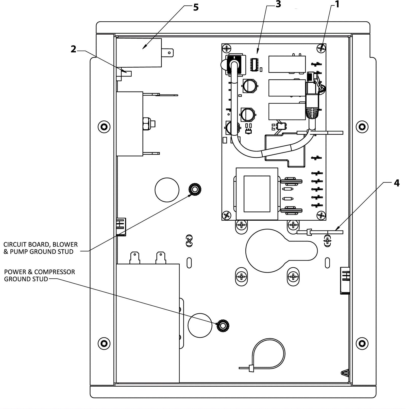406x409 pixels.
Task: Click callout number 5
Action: point(196,7)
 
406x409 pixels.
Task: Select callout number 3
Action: point(278,4)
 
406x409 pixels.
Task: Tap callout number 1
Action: point(337,4)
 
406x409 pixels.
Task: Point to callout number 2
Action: point(73,49)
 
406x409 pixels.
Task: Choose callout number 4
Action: point(397,183)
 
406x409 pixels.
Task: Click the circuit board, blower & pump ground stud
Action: point(195,189)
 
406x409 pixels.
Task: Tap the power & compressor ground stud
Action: point(223,325)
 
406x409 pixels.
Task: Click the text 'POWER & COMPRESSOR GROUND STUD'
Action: point(40,275)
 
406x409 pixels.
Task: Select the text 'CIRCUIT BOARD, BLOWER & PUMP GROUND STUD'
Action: point(41,248)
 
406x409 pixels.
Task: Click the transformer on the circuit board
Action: point(257,194)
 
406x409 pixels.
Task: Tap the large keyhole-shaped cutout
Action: point(277,251)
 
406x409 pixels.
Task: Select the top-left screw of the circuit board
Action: point(227,49)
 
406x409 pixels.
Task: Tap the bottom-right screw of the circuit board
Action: point(321,216)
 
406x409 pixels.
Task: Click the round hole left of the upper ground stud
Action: point(167,190)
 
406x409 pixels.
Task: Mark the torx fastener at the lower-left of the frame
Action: point(104,343)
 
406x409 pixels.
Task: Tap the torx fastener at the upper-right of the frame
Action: point(362,127)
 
